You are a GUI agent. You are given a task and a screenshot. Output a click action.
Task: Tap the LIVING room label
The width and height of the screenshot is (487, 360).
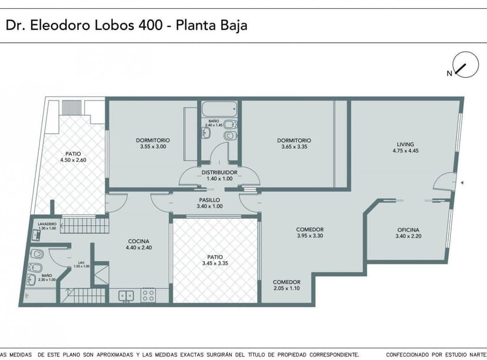click(405, 144)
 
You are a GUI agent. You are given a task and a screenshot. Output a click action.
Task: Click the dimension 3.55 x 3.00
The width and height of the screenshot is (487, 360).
click(153, 146)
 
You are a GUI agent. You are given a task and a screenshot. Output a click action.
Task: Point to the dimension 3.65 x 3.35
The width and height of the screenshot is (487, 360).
click(294, 146)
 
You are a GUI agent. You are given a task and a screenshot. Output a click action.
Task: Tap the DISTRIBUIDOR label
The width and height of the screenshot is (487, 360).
click(218, 172)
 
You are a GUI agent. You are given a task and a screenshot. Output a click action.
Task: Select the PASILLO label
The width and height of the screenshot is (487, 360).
click(209, 200)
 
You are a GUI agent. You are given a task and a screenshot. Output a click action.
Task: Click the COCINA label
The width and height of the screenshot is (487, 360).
click(139, 241)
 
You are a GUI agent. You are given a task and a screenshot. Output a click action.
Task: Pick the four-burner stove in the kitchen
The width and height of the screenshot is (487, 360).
click(148, 295)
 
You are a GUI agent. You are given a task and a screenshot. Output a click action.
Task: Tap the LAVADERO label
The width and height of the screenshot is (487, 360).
click(47, 224)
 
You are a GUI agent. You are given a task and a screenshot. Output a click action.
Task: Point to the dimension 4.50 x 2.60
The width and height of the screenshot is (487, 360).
click(73, 160)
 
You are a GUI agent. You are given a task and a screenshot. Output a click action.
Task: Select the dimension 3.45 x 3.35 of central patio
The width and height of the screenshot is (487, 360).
click(214, 264)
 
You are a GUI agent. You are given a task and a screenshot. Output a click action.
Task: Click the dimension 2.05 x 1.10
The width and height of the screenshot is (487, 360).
click(287, 288)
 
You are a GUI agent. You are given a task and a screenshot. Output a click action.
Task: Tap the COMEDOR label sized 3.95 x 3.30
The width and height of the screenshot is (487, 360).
click(310, 229)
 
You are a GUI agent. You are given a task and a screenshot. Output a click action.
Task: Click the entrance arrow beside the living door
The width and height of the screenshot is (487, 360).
click(462, 184)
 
